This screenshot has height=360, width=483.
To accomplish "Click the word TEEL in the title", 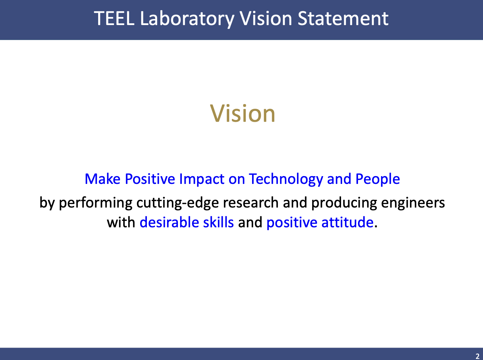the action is [x=114, y=19].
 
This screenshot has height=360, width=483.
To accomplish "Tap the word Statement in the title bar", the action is [x=343, y=19].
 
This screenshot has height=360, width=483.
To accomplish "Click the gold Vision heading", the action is [x=243, y=114].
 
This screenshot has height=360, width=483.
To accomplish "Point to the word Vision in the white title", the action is [x=266, y=19].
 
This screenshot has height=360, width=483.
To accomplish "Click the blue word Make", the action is [x=102, y=179].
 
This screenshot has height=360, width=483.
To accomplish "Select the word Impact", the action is [x=202, y=179].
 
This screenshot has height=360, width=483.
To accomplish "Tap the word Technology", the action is [x=286, y=179].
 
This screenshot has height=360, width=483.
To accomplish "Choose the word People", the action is [x=377, y=179].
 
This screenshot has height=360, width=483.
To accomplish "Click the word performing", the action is [x=95, y=203].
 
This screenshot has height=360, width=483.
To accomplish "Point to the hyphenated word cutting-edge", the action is [x=178, y=203].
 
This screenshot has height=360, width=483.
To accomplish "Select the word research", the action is [x=251, y=203].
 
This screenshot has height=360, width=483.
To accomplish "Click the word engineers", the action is [x=413, y=203].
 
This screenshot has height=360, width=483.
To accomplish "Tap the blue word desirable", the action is [x=169, y=222].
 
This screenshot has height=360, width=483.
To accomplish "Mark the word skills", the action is [x=218, y=222].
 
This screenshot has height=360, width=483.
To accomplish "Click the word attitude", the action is [x=347, y=222].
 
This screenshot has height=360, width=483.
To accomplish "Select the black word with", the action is [x=121, y=222].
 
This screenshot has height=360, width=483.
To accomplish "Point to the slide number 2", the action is [x=477, y=356].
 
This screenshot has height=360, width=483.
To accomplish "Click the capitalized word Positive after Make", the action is [x=150, y=179].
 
